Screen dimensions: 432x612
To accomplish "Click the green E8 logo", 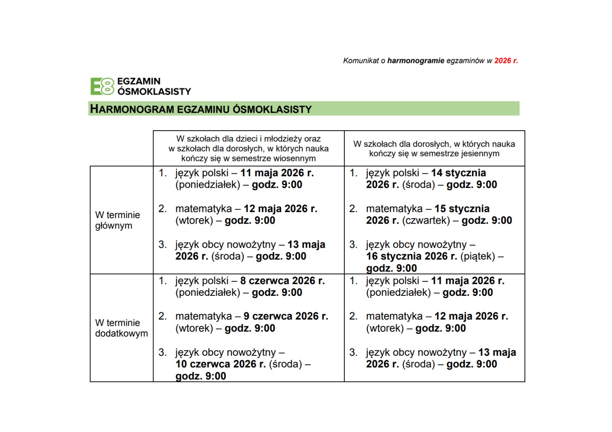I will (x=102, y=86).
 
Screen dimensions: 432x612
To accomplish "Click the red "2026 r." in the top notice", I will (x=506, y=61).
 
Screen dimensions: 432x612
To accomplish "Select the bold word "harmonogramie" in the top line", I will (x=416, y=61).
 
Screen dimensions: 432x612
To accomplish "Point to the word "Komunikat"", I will (x=361, y=61).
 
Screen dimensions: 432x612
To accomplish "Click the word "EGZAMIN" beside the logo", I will (x=139, y=81).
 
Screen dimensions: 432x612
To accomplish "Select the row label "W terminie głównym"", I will (x=117, y=220).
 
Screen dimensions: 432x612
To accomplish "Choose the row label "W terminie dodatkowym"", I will (x=121, y=328).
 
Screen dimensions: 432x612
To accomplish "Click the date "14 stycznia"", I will (x=458, y=173).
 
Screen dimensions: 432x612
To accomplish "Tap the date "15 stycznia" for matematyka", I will (x=462, y=209).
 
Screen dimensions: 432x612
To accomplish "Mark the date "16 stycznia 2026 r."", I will (x=411, y=256).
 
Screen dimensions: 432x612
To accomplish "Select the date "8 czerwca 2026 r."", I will (x=282, y=281).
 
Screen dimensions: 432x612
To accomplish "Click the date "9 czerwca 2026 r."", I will (x=286, y=316).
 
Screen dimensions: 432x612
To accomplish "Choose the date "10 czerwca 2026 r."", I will (x=221, y=364).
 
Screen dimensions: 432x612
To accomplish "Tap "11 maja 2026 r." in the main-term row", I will (x=277, y=173).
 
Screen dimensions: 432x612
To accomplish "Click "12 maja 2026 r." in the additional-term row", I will (x=471, y=316).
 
